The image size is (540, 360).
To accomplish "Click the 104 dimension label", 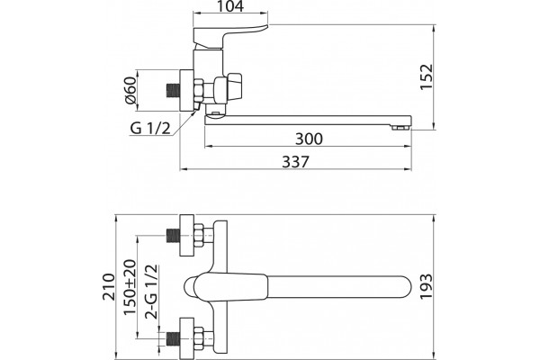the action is click(x=230, y=6).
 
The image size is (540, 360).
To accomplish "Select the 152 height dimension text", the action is click(x=427, y=76).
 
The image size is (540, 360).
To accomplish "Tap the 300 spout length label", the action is click(x=309, y=139).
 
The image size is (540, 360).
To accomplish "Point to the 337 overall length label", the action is click(x=296, y=162).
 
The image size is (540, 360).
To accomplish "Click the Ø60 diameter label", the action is click(x=130, y=91).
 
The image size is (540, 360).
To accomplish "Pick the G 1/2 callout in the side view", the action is click(x=150, y=129).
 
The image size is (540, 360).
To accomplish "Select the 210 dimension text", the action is click(x=109, y=286).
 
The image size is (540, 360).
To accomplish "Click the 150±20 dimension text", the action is click(x=130, y=287).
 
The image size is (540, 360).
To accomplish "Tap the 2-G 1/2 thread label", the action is click(x=151, y=292).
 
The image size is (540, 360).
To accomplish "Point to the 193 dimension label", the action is click(x=426, y=286).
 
